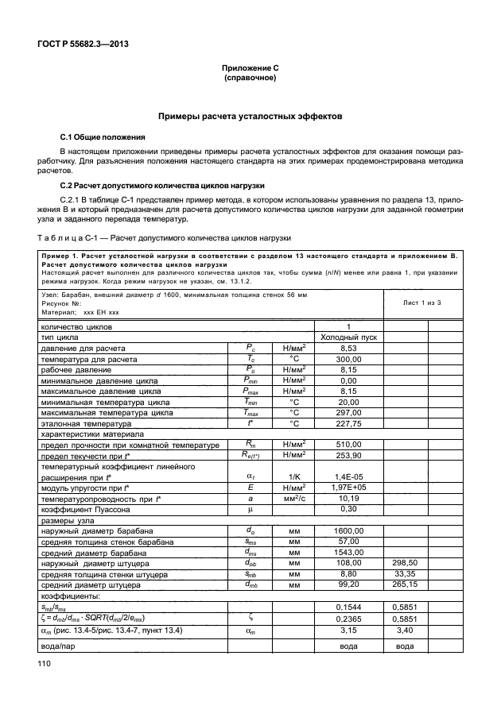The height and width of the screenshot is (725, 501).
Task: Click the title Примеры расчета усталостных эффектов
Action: point(250,115)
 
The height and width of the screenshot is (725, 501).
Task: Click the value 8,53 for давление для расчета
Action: point(346,348)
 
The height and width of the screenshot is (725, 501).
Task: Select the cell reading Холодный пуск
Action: point(347,337)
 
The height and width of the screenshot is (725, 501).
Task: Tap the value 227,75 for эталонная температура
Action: point(346,423)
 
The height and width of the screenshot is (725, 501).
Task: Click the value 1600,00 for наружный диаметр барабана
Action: point(346,552)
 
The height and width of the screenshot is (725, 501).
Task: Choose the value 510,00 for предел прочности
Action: point(346,445)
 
